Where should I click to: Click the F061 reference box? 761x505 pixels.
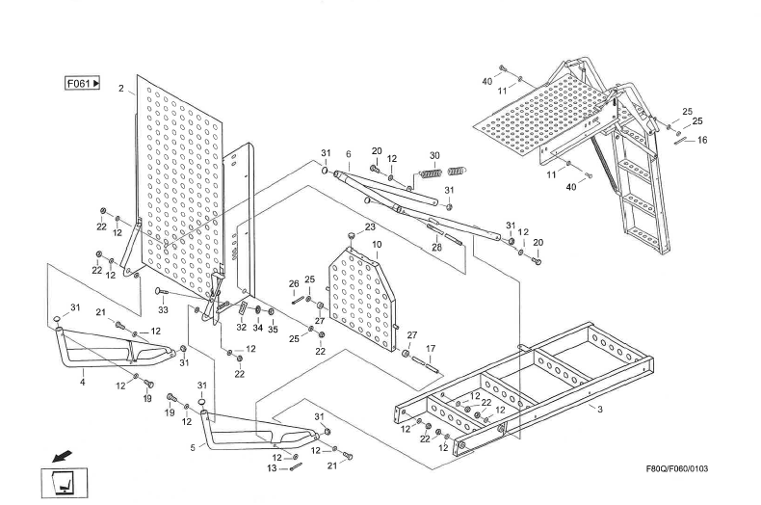pos(83,84)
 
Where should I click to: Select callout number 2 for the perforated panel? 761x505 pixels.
pos(120,89)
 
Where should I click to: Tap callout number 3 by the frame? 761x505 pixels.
pos(600,410)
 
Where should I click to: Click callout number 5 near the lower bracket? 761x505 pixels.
pos(193,446)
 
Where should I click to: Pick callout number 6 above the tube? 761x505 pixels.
pos(348,154)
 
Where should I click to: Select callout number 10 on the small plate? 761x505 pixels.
pos(377,245)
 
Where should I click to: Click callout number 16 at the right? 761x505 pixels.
pos(702,140)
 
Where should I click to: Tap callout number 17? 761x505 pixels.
pos(431,348)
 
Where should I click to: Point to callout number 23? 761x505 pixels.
pos(369,226)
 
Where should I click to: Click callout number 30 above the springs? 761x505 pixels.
pos(434,155)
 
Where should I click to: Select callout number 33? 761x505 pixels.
pos(163,310)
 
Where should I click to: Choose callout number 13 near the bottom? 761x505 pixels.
pos(272,468)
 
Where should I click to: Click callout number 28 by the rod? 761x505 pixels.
pos(435,247)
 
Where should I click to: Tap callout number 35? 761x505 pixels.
pos(273,329)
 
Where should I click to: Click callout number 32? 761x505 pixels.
pos(242,328)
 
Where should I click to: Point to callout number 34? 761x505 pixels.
pos(257,329)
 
